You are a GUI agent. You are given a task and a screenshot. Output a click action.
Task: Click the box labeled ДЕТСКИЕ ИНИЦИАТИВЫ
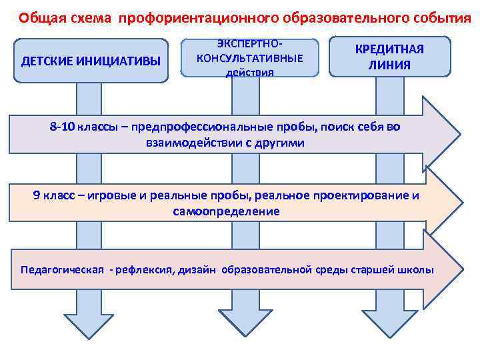click(x=91, y=61)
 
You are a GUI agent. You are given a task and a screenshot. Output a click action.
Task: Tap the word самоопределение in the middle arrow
click(x=226, y=211)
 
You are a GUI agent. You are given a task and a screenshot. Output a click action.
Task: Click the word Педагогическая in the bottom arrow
click(x=63, y=270)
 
